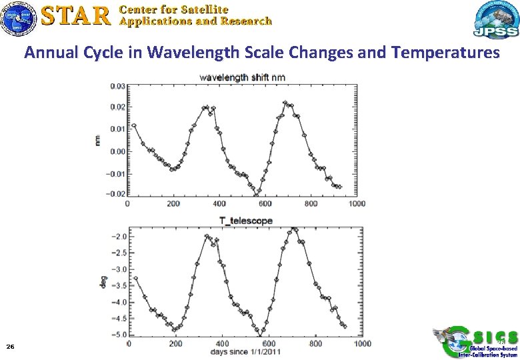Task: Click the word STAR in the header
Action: click(x=75, y=16)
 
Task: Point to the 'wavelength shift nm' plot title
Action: click(x=243, y=77)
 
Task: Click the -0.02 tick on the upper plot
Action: click(x=115, y=195)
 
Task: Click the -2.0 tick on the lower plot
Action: click(x=120, y=237)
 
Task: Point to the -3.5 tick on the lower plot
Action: click(x=120, y=286)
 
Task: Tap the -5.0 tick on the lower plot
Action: click(x=120, y=335)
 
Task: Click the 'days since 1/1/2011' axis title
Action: click(x=245, y=351)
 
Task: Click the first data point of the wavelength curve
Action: click(x=134, y=125)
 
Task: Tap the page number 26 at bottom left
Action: click(x=10, y=347)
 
